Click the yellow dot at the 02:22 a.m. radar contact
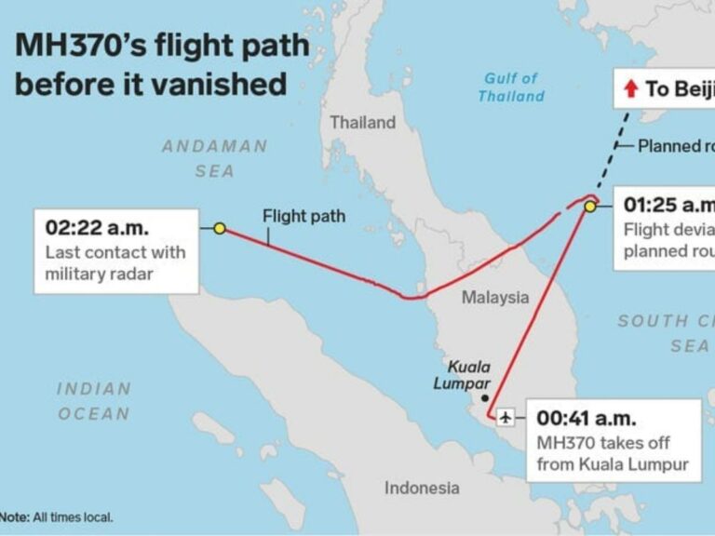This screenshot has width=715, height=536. [x=220, y=228]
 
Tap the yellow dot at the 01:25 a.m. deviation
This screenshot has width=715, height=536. [x=589, y=207]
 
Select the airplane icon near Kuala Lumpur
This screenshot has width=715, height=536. [x=506, y=416]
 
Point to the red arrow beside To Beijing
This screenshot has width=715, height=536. [x=630, y=89]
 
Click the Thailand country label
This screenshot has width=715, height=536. [x=362, y=123]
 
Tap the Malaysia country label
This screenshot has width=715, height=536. [x=495, y=298]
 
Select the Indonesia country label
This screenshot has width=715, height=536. [x=422, y=488]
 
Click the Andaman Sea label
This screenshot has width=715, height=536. [x=215, y=158]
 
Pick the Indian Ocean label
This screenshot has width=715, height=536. [x=94, y=401]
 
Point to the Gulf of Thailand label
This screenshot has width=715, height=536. [x=511, y=87]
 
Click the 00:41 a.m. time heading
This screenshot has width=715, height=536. [x=589, y=419]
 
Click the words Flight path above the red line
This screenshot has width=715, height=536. [x=304, y=216]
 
